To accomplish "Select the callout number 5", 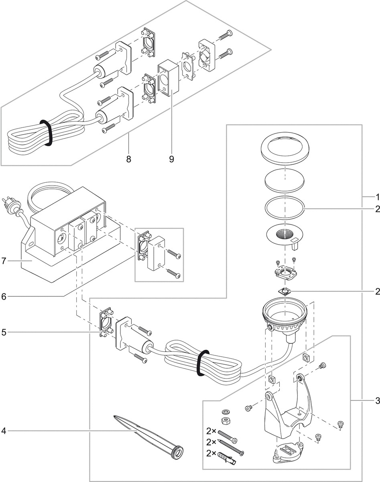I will (4, 332).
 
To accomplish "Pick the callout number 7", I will (4, 261).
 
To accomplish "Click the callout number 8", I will (128, 159).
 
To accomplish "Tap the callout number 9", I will (171, 159).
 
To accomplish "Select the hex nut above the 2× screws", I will (225, 421).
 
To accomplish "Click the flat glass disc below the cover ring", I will (284, 180).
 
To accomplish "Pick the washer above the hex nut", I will (225, 412).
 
